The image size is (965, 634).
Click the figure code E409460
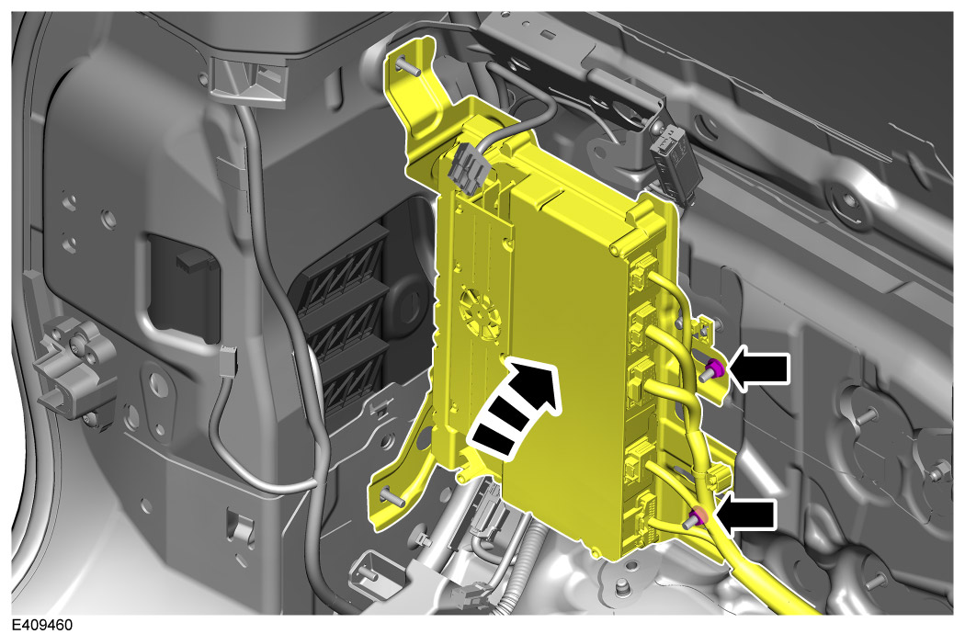[x=42, y=625]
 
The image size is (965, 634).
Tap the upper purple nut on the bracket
[x=715, y=370]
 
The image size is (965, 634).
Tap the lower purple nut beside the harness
[x=698, y=517]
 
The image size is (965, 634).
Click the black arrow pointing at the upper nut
[x=758, y=368]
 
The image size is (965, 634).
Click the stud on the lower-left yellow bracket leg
[x=392, y=495]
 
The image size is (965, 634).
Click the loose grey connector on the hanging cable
[x=228, y=361]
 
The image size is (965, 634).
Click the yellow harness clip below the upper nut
[x=718, y=477]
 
